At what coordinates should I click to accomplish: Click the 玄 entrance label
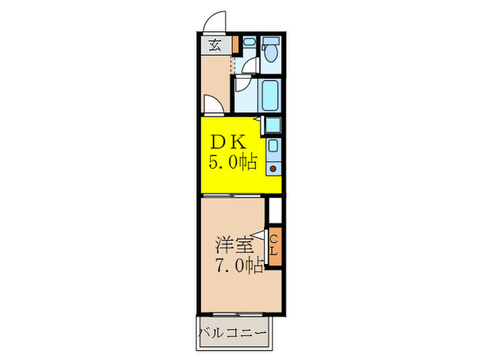point(215,47)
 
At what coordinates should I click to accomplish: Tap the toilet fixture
point(271,52)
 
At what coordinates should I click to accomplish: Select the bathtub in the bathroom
point(269,96)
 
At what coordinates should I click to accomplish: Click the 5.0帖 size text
point(233,163)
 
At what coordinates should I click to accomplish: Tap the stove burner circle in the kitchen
point(273,169)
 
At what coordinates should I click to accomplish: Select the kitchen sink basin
point(273,145)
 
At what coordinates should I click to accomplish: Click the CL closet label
point(274,246)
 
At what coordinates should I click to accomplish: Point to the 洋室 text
point(233,244)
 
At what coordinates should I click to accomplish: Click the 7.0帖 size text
point(239,265)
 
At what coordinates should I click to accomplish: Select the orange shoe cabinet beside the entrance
point(235,45)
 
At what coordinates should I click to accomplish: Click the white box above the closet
point(275,209)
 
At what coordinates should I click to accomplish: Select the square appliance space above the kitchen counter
point(273,125)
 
